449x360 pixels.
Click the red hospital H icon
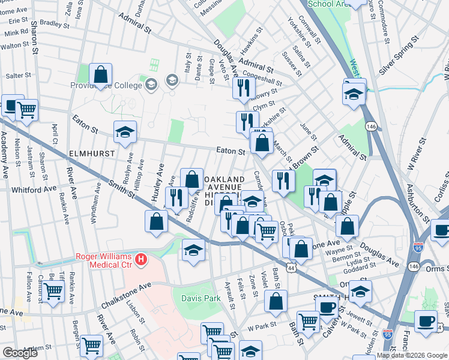pos(140,259)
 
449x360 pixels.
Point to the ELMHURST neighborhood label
pos(92,154)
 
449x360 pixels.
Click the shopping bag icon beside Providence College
pos(101,76)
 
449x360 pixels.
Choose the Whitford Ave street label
pos(34,190)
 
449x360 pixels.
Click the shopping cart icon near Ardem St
pos(91,345)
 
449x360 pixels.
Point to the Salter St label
pos(18,76)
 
